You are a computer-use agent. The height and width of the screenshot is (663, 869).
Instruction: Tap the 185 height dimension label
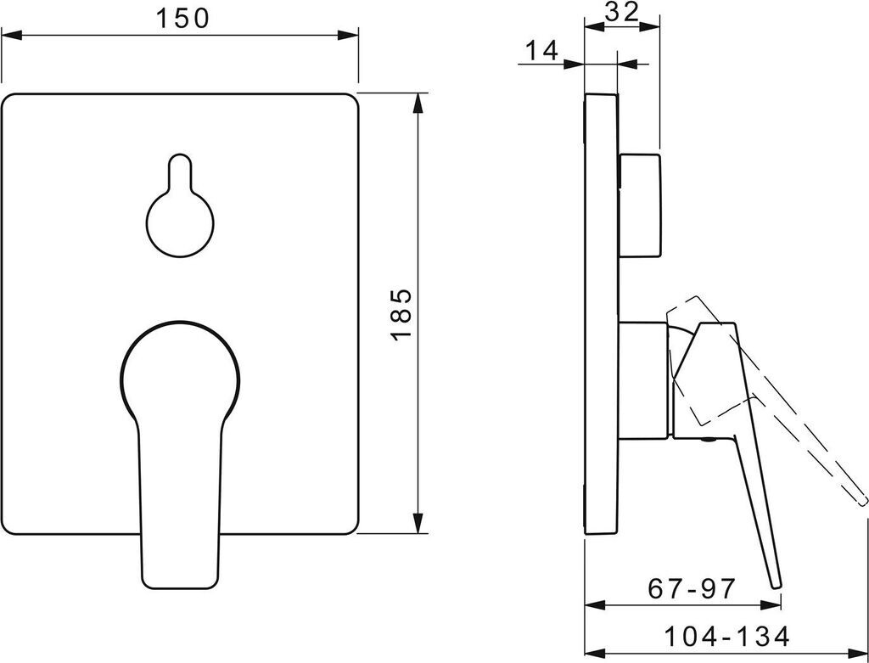click(401, 314)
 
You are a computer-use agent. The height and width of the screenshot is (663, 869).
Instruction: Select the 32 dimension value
click(621, 12)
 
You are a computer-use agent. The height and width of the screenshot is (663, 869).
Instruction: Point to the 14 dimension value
click(541, 51)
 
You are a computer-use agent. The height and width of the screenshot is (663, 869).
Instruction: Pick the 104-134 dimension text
click(726, 637)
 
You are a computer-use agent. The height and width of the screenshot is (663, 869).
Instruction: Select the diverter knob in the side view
click(639, 205)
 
